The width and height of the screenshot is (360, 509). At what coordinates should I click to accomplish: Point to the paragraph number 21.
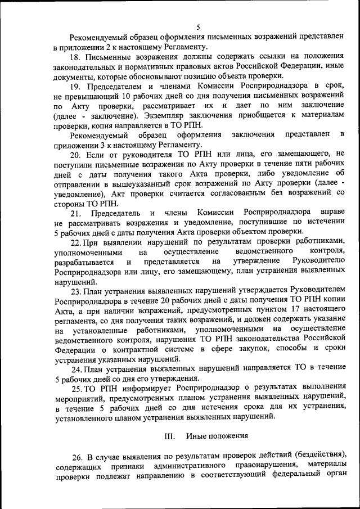tap(76, 213)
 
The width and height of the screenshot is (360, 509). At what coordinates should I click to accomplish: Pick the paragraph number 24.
tap(76, 370)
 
